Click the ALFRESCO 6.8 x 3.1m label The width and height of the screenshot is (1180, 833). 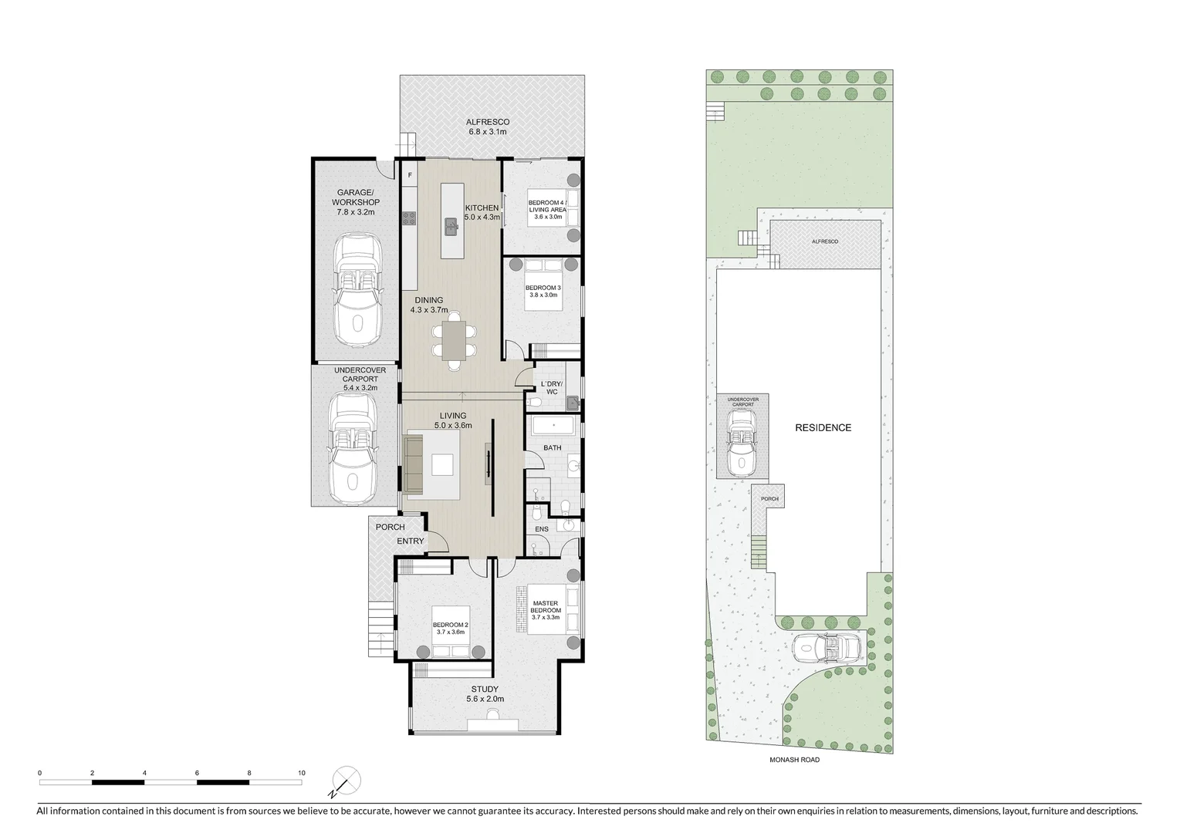click(488, 127)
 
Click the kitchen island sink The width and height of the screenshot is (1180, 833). click(450, 227)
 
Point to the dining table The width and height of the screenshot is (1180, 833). click(455, 339)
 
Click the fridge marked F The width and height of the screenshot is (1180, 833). click(410, 176)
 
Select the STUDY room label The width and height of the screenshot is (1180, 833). click(485, 694)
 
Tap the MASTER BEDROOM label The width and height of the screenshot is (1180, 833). click(546, 606)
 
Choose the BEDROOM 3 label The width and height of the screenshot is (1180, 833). click(543, 292)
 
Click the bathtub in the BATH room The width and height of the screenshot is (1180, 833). click(553, 427)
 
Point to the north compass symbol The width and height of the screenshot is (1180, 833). click(345, 781)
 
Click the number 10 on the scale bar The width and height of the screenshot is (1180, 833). click(301, 773)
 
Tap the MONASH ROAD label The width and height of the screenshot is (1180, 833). click(794, 760)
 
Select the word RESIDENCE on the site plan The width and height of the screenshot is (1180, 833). click(823, 428)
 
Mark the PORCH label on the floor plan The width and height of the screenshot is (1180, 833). click(390, 528)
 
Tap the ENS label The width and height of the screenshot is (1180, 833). click(542, 529)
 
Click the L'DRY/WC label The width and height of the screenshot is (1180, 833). click(552, 388)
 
